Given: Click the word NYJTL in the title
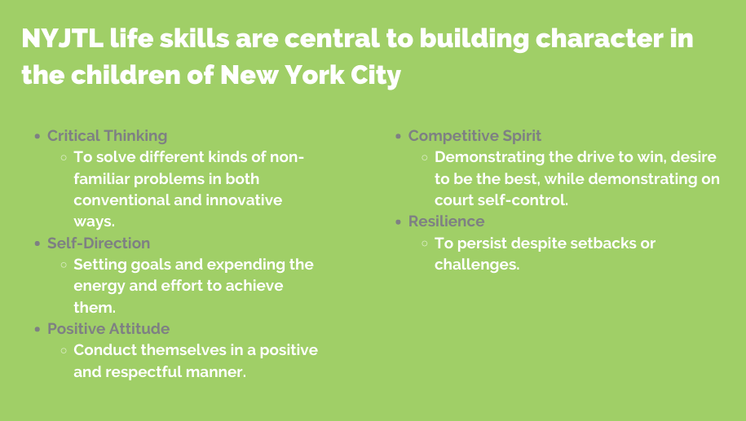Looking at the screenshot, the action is [x=62, y=38].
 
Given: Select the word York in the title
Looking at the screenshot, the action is [x=315, y=75].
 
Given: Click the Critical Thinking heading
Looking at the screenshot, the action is [x=107, y=136].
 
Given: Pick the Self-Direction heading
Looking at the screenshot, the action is [x=99, y=243].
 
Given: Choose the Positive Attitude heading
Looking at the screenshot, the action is [x=108, y=328].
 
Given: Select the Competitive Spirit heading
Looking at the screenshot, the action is [x=475, y=136].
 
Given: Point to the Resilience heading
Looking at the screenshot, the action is [x=446, y=221].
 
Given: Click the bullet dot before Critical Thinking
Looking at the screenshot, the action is [x=38, y=137].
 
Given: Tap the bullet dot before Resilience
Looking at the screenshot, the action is [x=399, y=222].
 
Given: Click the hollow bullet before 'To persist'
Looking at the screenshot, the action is [x=425, y=243].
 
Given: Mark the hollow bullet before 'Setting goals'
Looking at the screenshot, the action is [x=64, y=265].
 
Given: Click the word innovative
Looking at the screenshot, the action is [x=244, y=200].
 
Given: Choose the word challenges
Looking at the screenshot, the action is [x=477, y=265].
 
